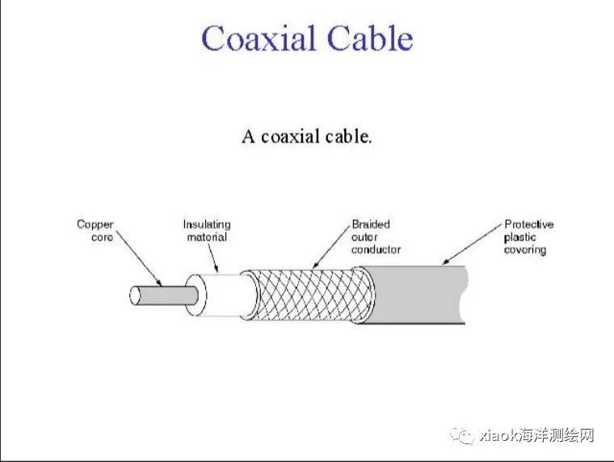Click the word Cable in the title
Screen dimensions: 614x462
point(369,39)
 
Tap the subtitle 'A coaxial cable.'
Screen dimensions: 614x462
point(307,136)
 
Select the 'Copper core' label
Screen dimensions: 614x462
point(95,231)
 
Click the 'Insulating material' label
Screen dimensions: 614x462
point(207,231)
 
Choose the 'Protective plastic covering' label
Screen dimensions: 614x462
point(528,236)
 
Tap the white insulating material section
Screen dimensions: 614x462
point(226,295)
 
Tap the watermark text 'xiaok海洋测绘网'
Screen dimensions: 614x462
point(537,435)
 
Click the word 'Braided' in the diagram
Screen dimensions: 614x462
point(369,224)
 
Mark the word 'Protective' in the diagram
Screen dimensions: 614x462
point(528,224)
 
